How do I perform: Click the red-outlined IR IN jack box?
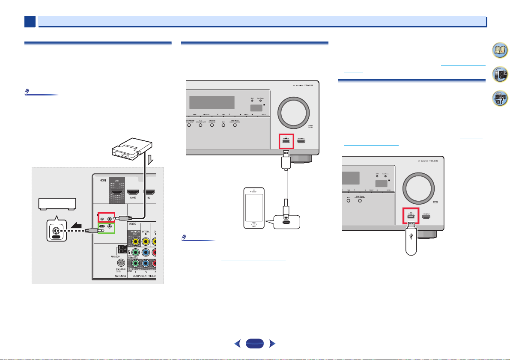[106, 216]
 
